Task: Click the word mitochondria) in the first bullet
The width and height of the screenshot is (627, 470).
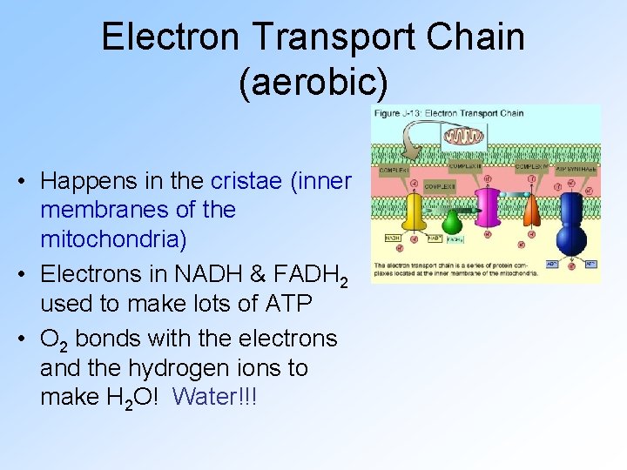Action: tap(113, 239)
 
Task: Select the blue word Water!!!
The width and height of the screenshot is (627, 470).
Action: tap(219, 396)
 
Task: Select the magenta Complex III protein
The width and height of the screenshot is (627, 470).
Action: tap(489, 210)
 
